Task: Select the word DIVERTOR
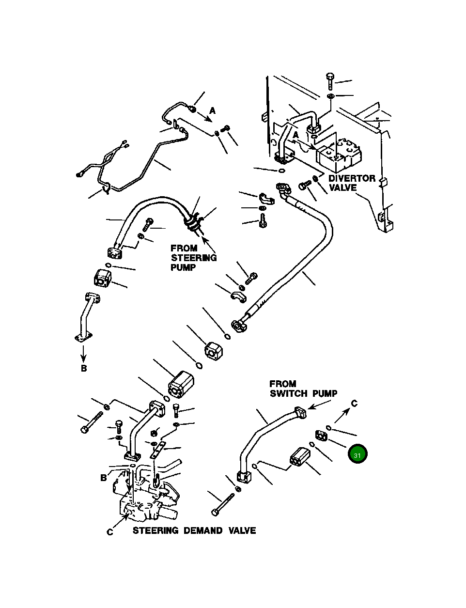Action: (352, 178)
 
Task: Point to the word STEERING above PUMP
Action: (194, 258)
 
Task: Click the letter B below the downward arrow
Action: (84, 368)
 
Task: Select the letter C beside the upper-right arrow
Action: (354, 403)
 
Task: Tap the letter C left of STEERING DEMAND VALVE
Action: (110, 531)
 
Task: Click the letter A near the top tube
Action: (213, 111)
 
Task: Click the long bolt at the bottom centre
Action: (223, 504)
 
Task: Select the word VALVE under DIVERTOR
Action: (342, 187)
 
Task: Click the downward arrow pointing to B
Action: (83, 353)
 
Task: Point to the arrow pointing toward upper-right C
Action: (342, 416)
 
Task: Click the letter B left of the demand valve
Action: (104, 477)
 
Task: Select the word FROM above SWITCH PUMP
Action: (283, 384)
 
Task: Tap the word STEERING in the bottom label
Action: (155, 530)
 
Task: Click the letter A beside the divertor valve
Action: (295, 135)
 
